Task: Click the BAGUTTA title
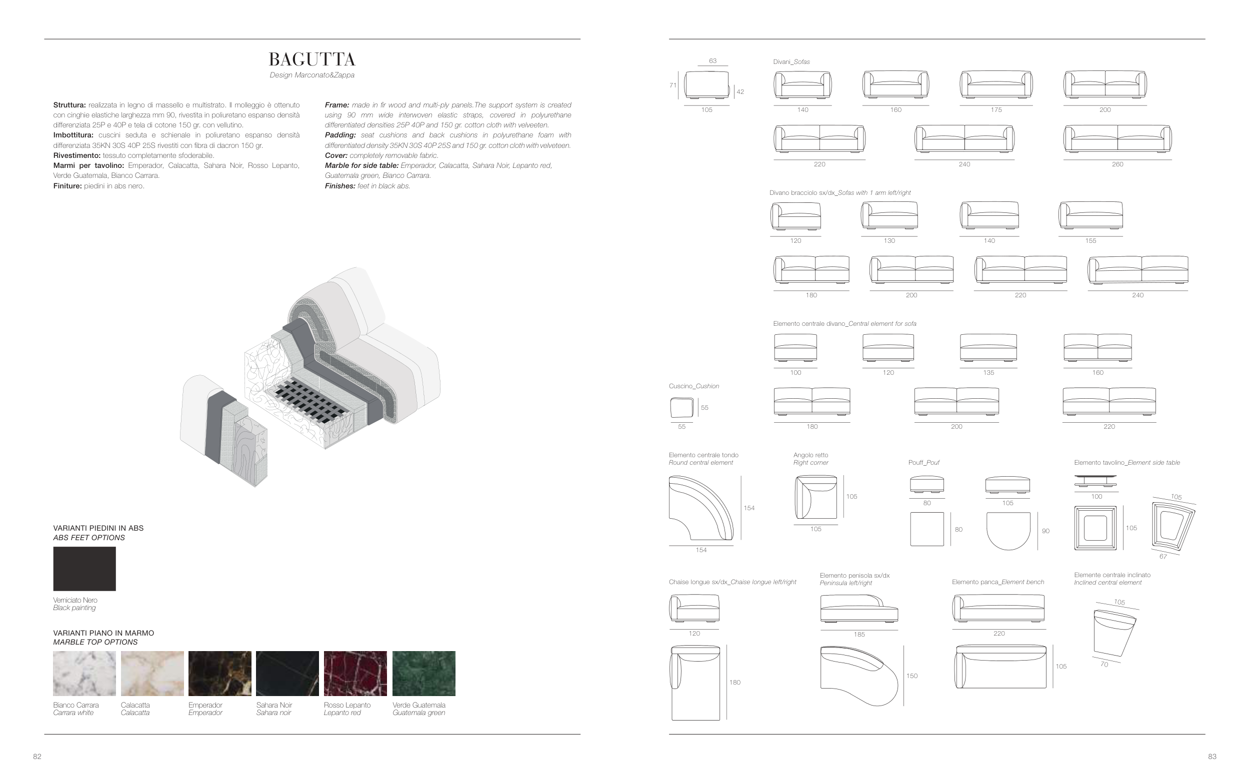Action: click(x=312, y=59)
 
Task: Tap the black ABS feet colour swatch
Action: click(x=84, y=569)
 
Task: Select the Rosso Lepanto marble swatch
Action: click(x=355, y=674)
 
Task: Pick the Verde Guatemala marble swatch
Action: click(x=423, y=674)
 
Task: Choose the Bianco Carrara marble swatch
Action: click(x=84, y=674)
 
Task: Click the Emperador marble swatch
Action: click(x=220, y=674)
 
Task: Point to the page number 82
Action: click(x=37, y=757)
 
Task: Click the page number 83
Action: click(x=1212, y=757)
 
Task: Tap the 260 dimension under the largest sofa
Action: click(x=1117, y=164)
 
